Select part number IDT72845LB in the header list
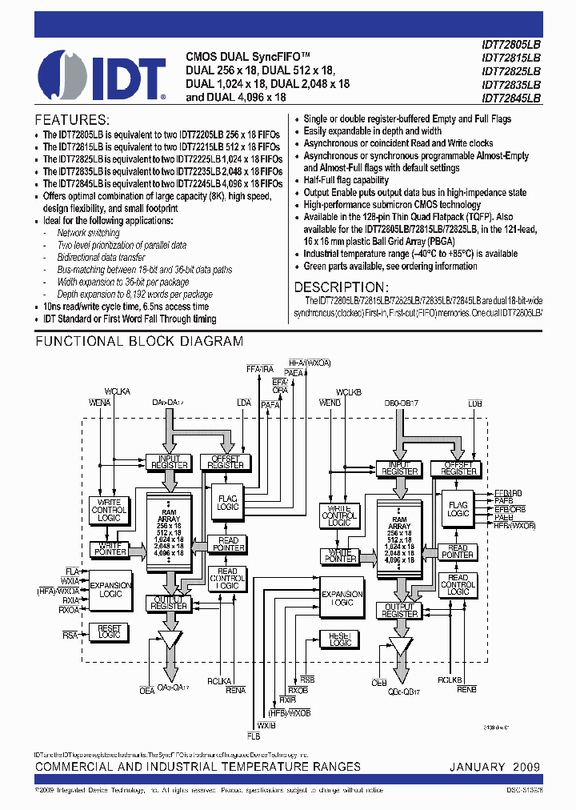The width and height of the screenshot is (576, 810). [511, 98]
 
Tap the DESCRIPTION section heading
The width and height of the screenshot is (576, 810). [342, 287]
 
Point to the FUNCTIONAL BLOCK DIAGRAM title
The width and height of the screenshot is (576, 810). [139, 342]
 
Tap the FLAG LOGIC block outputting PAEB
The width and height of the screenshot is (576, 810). [458, 508]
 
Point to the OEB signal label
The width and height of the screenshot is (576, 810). [379, 683]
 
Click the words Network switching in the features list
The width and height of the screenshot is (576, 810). [88, 233]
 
